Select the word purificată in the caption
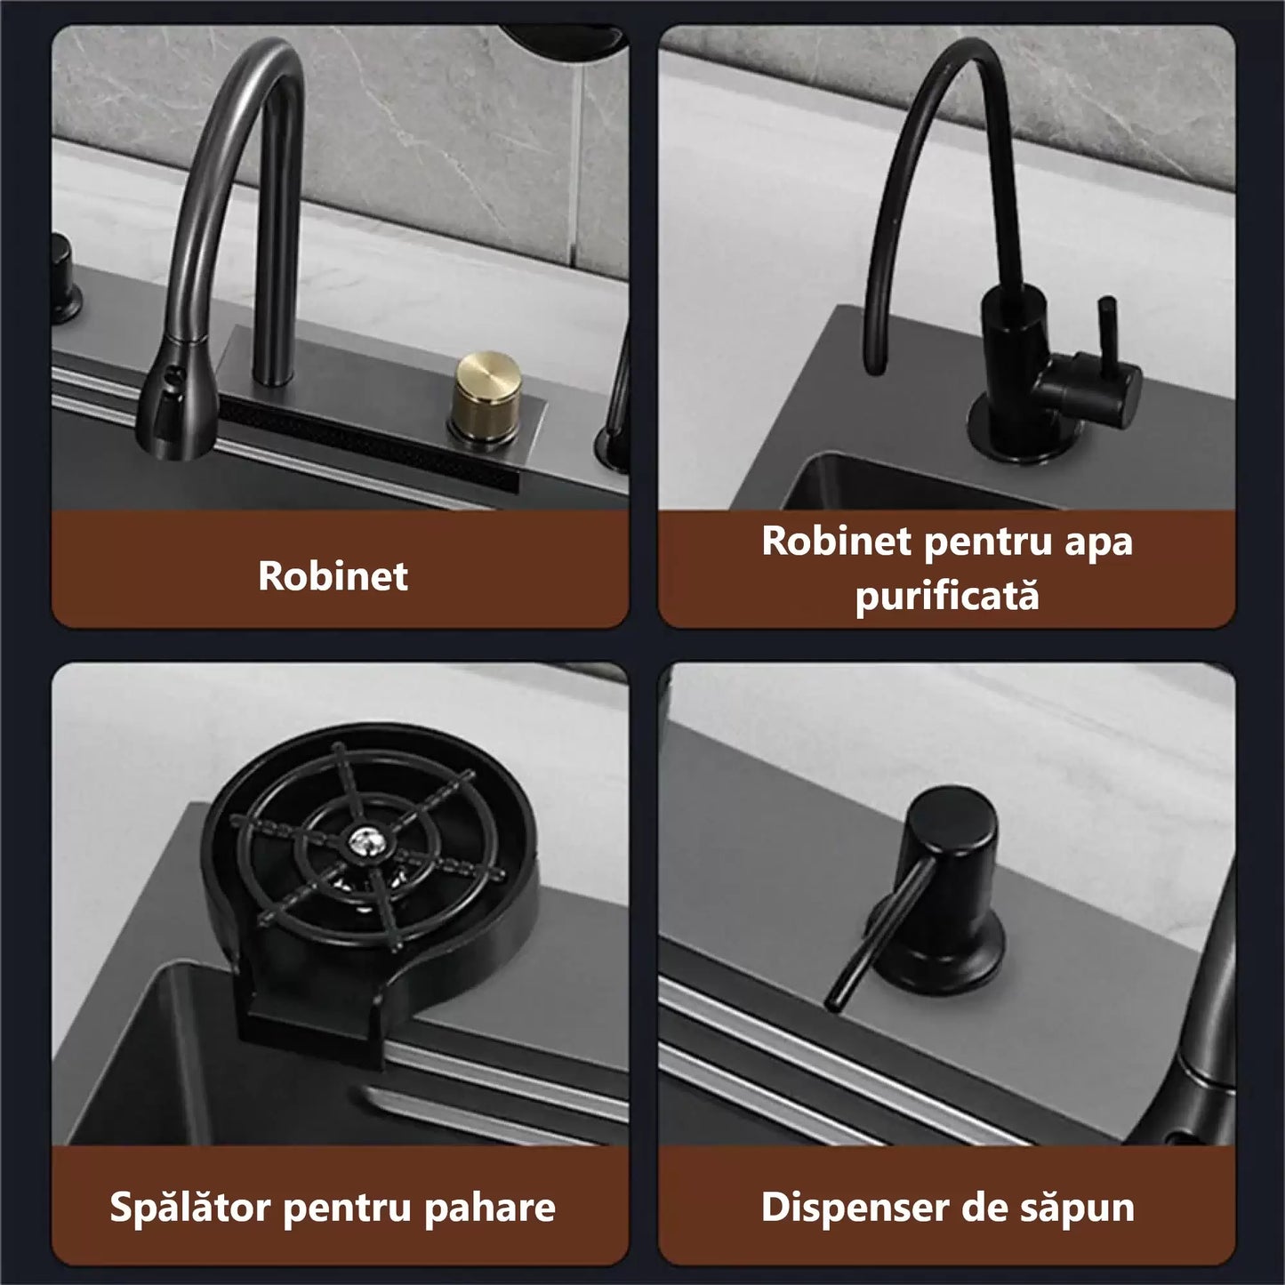click(x=947, y=595)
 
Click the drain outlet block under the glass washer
click(x=311, y=1031)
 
